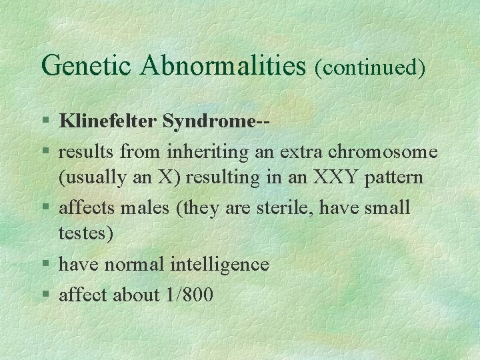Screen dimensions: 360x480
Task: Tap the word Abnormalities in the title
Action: pos(217,66)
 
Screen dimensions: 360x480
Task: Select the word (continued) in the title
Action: pos(371,67)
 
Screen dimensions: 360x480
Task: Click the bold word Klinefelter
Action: pos(108,122)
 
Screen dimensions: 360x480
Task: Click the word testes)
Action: pos(86,234)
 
